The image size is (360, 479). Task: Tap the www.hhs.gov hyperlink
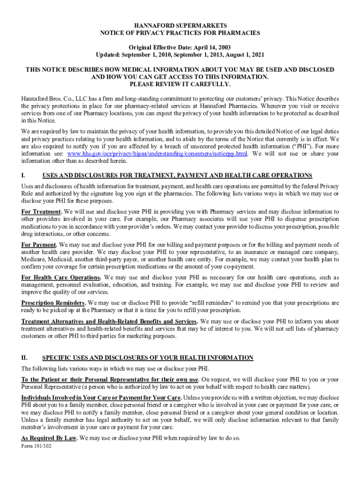pyautogui.click(x=157, y=154)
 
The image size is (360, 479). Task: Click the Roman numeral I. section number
pyautogui.click(x=23, y=175)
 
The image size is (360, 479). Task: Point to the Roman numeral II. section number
pyautogui.click(x=25, y=358)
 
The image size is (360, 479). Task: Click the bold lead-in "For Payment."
pyautogui.click(x=40, y=245)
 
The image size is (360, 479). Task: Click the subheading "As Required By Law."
pyautogui.click(x=49, y=438)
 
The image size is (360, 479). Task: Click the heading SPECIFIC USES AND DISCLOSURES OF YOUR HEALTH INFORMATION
pyautogui.click(x=148, y=358)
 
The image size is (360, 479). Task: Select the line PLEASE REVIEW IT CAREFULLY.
pyautogui.click(x=180, y=84)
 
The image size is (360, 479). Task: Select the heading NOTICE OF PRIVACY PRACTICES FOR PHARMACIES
pyautogui.click(x=180, y=33)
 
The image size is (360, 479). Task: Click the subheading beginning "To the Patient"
pyautogui.click(x=110, y=379)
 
